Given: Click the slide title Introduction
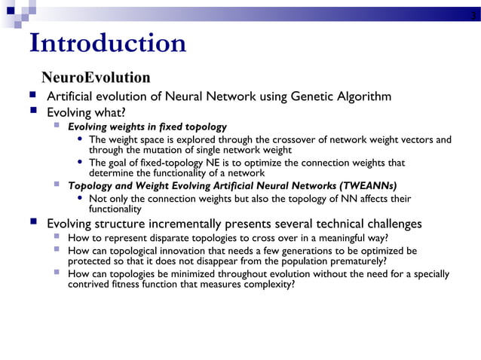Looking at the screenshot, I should tap(107, 44).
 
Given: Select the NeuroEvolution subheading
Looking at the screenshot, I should tap(96, 78).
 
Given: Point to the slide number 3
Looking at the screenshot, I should tap(472, 15).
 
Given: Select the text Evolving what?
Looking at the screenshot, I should tap(86, 112).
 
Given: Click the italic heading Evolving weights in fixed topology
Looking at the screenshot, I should tap(147, 127).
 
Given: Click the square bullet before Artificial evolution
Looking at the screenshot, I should tap(34, 96).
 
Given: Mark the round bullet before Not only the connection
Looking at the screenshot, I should tap(81, 199).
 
